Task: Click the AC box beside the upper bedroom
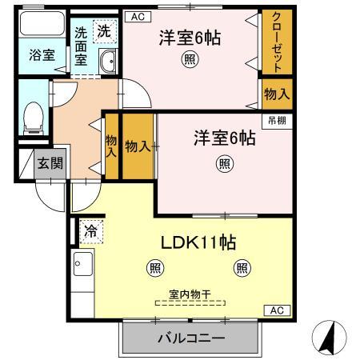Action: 134,15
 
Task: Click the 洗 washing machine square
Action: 104,32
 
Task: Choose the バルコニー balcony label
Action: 191,338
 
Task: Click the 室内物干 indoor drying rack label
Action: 190,295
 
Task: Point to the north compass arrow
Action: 328,338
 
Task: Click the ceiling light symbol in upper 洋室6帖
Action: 190,58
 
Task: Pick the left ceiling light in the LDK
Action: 153,267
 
